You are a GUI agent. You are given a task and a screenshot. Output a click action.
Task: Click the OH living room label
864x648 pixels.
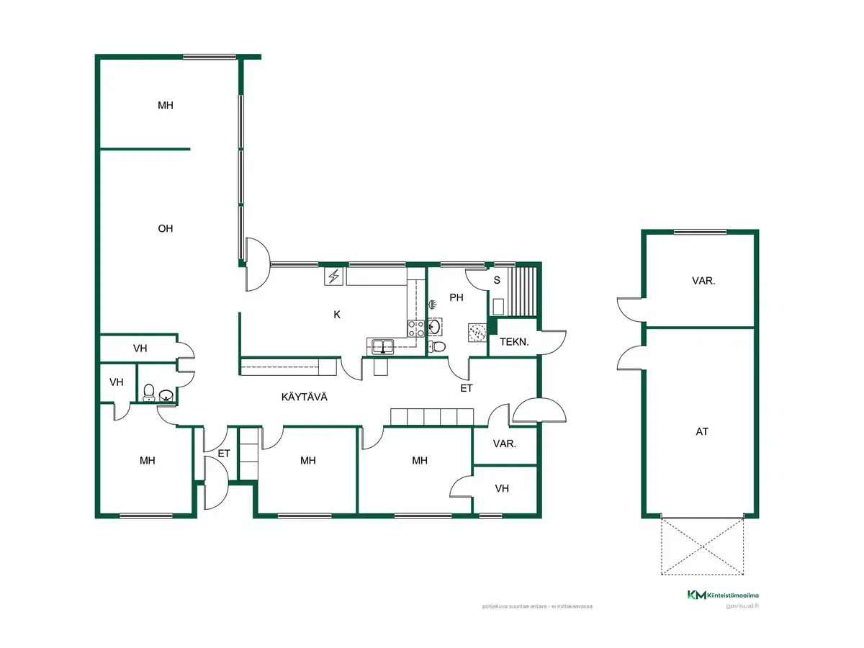tap(166, 228)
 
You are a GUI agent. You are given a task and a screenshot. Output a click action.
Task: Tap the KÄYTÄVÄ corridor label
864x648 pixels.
tap(305, 397)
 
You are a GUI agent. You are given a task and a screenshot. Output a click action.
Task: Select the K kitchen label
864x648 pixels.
tap(337, 315)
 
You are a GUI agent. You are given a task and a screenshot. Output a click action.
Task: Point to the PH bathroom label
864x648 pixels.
tap(456, 297)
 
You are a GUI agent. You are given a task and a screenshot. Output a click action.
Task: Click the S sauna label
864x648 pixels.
tap(497, 280)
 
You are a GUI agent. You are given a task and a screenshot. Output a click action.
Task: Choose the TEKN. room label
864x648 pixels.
tap(514, 342)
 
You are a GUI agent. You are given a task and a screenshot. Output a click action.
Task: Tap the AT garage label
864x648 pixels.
tap(702, 431)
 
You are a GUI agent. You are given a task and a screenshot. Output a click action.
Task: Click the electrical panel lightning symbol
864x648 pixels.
tap(334, 276)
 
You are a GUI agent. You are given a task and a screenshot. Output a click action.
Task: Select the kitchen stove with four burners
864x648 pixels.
tap(415, 328)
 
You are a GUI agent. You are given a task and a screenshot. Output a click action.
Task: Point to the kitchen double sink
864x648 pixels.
tap(383, 346)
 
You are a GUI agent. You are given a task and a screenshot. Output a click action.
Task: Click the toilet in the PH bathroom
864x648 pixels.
tap(436, 346)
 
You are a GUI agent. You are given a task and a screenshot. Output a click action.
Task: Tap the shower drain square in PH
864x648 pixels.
tap(477, 333)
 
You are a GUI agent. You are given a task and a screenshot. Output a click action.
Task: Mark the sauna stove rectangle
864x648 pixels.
tap(498, 307)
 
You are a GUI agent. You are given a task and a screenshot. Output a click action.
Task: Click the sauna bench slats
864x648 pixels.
tap(521, 292)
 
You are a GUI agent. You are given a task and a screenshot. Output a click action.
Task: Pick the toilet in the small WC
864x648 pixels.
tap(149, 392)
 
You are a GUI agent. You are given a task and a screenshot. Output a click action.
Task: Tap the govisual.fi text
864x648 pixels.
tap(742, 606)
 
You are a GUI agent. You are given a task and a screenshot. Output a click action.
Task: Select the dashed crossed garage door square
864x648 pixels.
tap(702, 547)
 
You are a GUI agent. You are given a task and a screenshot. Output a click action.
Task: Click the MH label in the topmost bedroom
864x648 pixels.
tap(166, 105)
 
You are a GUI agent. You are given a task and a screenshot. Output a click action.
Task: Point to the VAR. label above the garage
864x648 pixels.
tap(703, 281)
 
